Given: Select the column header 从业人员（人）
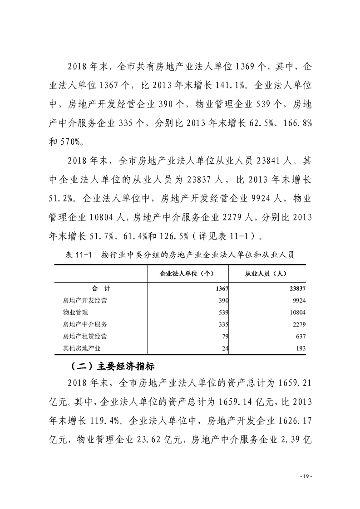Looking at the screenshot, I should [265, 274].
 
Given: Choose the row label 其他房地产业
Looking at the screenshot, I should [82, 348].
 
